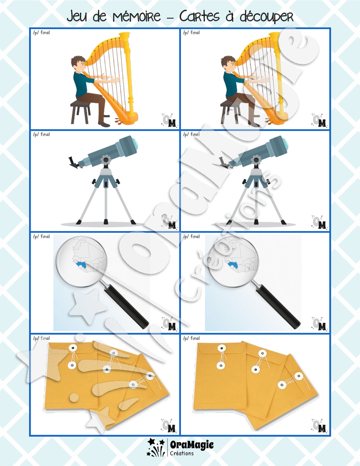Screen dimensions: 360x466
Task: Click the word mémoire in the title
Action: point(137,17)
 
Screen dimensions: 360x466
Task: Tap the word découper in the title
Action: point(267,17)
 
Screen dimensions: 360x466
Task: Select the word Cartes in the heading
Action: point(199,16)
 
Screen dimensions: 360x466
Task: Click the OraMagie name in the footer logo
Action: point(192,445)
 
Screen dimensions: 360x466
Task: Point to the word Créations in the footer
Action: point(182,453)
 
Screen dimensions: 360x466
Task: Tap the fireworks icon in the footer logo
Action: point(156,447)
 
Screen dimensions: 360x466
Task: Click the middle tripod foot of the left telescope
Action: point(106,221)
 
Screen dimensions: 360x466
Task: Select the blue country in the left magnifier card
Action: point(83,265)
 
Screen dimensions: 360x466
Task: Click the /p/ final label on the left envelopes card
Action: point(41,338)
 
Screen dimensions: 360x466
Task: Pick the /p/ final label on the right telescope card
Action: point(192,134)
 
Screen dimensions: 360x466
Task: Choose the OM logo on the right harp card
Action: point(319,120)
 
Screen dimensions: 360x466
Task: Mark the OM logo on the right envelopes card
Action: point(319,426)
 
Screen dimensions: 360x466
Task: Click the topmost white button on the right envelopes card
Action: point(221,348)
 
